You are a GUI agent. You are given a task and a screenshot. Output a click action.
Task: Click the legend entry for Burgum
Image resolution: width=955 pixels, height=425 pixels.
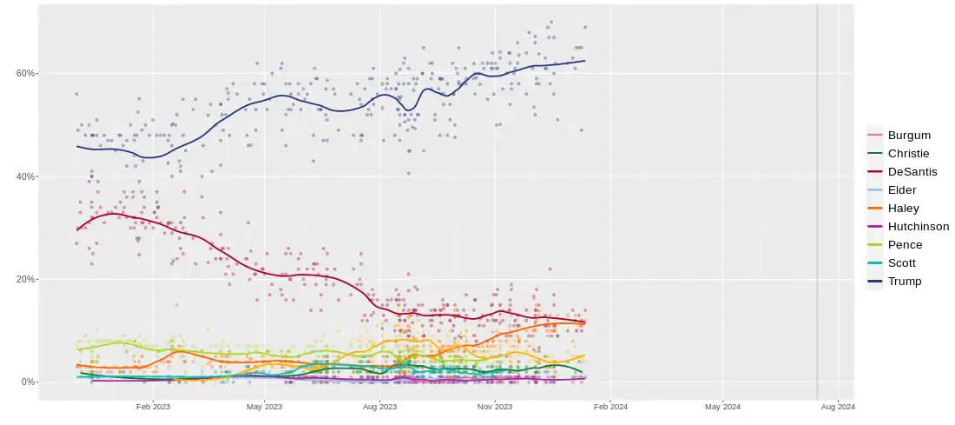pyautogui.click(x=909, y=135)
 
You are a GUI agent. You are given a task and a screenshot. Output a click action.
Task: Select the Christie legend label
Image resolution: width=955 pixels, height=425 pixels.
pyautogui.click(x=908, y=153)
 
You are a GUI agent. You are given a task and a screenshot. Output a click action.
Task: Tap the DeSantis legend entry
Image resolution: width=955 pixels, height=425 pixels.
pyautogui.click(x=912, y=171)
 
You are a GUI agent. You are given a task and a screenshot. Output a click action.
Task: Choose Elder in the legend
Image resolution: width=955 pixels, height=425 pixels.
pyautogui.click(x=902, y=189)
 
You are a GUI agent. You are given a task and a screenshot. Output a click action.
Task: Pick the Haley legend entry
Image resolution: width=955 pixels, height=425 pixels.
pyautogui.click(x=903, y=208)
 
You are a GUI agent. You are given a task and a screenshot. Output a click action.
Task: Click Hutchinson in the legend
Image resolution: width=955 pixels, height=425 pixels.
pyautogui.click(x=918, y=226)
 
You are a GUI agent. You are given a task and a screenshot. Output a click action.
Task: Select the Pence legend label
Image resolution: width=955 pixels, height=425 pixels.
pyautogui.click(x=905, y=244)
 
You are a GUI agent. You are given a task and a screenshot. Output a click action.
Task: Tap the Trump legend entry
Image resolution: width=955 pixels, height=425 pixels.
pyautogui.click(x=905, y=281)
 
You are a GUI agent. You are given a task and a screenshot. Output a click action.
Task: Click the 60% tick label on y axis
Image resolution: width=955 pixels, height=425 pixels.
pyautogui.click(x=25, y=73)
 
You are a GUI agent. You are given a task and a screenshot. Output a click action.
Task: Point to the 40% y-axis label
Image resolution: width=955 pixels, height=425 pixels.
pyautogui.click(x=25, y=176)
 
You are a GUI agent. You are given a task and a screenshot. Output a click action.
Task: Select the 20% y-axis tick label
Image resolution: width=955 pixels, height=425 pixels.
pyautogui.click(x=25, y=279)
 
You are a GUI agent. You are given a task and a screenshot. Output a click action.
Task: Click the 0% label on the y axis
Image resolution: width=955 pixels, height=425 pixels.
pyautogui.click(x=28, y=382)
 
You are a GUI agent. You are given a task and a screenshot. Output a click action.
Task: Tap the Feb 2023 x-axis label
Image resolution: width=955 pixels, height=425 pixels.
pyautogui.click(x=153, y=406)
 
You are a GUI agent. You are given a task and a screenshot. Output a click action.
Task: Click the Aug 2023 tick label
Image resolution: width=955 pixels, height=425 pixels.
pyautogui.click(x=379, y=406)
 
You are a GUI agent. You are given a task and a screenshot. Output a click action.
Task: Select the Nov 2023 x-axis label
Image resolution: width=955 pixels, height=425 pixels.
pyautogui.click(x=494, y=406)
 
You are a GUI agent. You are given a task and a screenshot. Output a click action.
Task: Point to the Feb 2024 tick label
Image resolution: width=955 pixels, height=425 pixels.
pyautogui.click(x=609, y=406)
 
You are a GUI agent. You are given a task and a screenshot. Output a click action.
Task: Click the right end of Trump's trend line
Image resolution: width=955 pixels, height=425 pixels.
pyautogui.click(x=584, y=61)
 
